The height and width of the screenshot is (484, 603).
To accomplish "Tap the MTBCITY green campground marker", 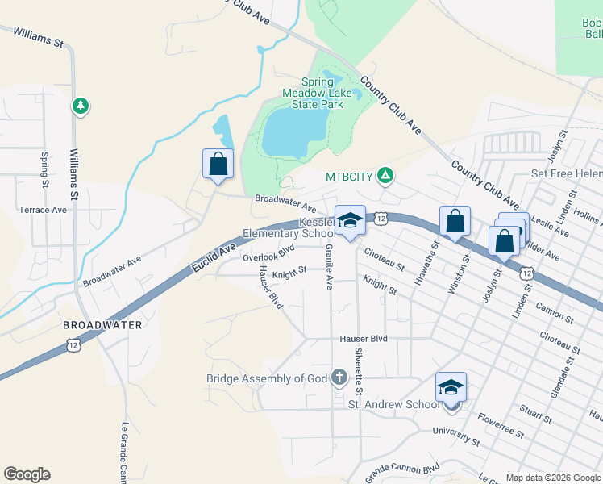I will (x=386, y=175).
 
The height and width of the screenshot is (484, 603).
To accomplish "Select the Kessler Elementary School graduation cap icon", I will (x=350, y=220).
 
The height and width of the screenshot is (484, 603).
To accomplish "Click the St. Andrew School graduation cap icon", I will (x=451, y=388).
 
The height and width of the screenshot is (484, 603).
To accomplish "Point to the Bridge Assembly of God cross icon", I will (x=339, y=378).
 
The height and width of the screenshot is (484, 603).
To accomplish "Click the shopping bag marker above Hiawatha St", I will (x=455, y=220).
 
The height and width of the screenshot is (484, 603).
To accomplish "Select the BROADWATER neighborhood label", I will (x=102, y=325).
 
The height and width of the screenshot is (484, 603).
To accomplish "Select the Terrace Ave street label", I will (x=43, y=210).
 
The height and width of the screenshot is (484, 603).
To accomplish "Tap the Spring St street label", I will (x=44, y=165).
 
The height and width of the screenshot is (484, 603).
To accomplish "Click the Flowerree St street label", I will (x=501, y=424).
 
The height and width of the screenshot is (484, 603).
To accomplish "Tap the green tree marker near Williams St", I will (x=80, y=106).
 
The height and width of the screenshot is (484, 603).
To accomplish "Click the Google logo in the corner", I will (x=27, y=474).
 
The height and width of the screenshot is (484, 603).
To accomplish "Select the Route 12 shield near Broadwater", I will (x=73, y=344).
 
